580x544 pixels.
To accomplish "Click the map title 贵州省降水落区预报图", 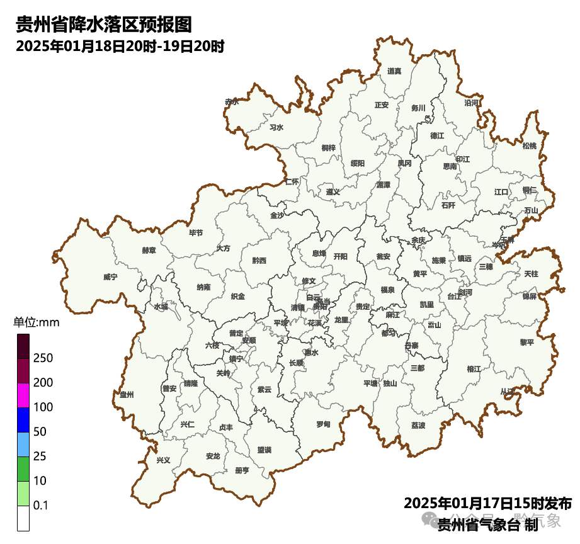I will (103, 25).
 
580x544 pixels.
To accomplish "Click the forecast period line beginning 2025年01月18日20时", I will (120, 46).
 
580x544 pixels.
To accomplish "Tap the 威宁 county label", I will (110, 276).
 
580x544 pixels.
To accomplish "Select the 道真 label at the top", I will (394, 71).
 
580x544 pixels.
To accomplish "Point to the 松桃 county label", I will (530, 146).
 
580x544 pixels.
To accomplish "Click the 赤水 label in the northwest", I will (232, 101).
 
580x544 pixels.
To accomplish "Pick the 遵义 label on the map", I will (333, 191).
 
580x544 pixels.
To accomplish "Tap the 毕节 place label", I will (196, 233).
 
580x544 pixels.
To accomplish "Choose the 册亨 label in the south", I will (242, 470).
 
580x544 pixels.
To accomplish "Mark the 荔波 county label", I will (418, 426).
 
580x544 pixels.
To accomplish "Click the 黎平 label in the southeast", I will (526, 343).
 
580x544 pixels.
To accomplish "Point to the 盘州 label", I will (127, 394).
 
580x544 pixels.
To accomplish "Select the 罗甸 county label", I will (323, 424).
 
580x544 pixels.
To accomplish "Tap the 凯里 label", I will (427, 305).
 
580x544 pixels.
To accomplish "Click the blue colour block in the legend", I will (23, 420).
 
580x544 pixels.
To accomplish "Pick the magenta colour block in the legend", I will (23, 395).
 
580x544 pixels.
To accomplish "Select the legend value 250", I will (43, 358).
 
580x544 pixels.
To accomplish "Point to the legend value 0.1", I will (41, 506).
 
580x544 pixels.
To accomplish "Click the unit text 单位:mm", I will (36, 323).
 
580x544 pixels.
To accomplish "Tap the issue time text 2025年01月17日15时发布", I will (487, 504).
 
